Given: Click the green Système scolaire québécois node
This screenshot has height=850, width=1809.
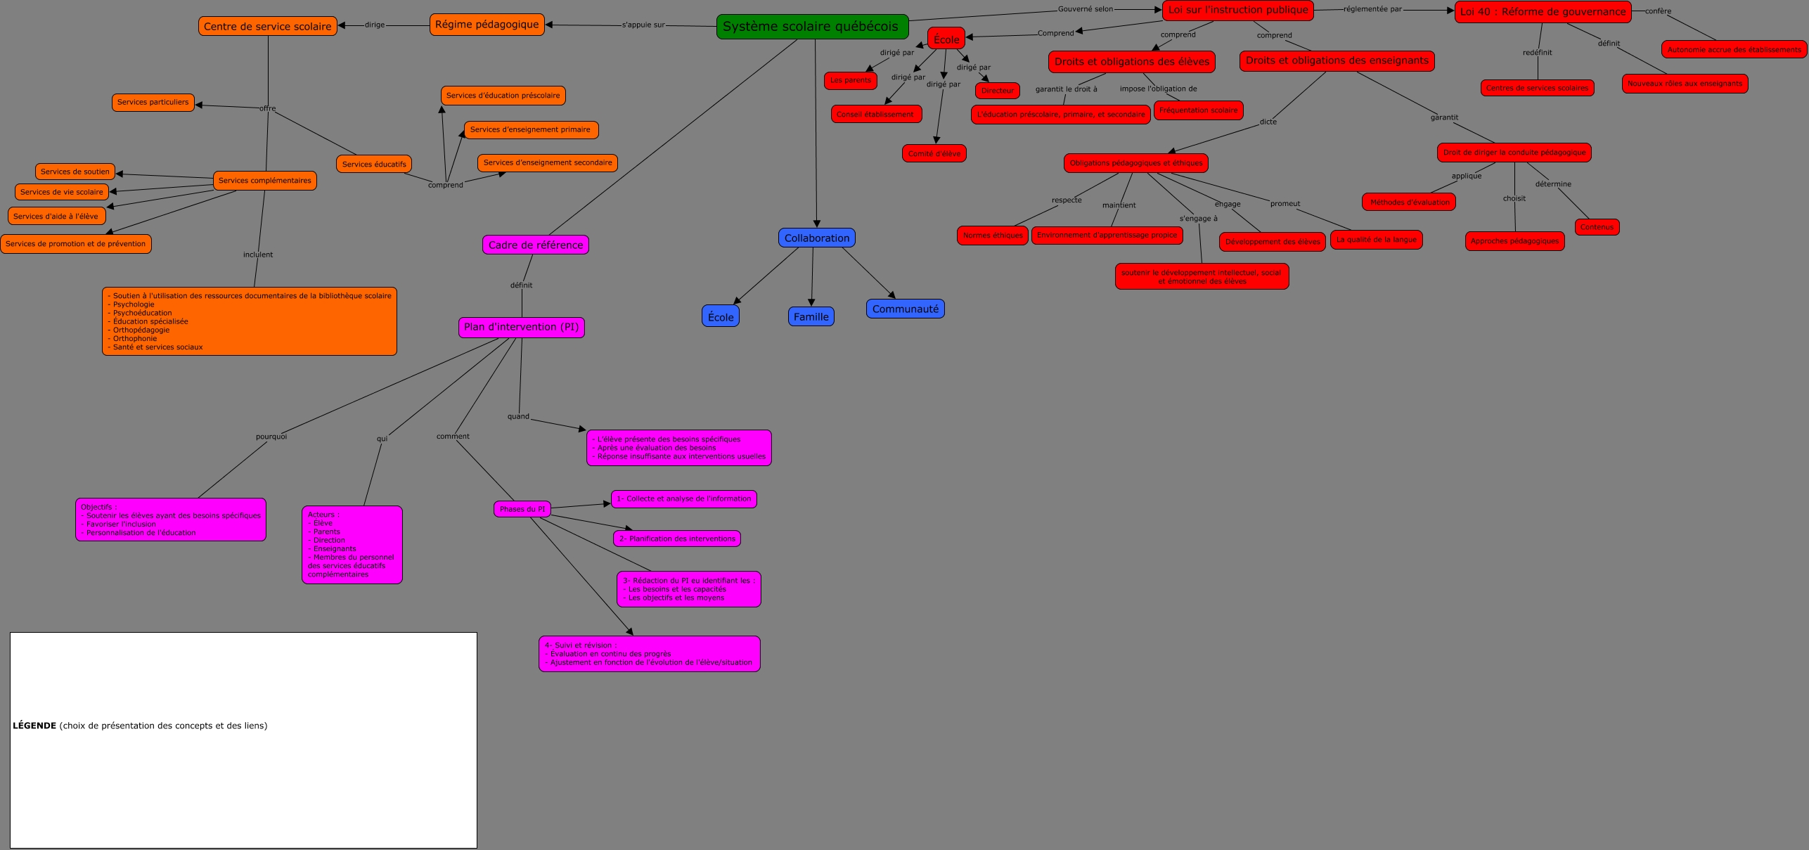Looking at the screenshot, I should pyautogui.click(x=812, y=27).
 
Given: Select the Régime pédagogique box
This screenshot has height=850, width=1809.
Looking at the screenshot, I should pyautogui.click(x=487, y=25).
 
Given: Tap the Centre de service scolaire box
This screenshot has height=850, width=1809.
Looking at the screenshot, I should pyautogui.click(x=267, y=27).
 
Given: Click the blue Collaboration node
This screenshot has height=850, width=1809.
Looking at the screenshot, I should pyautogui.click(x=816, y=238).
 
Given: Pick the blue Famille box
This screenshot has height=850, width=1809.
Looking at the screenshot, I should pyautogui.click(x=811, y=317).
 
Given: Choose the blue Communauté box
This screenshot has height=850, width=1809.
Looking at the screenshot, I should pyautogui.click(x=905, y=309).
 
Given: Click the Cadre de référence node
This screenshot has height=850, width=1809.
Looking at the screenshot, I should pyautogui.click(x=535, y=245).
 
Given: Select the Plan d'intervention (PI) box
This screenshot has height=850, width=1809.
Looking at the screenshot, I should pyautogui.click(x=521, y=327).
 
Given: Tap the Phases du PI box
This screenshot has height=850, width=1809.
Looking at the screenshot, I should pyautogui.click(x=522, y=509).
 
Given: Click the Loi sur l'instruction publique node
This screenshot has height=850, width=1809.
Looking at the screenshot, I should pyautogui.click(x=1237, y=11).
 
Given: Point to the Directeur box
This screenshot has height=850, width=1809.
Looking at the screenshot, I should pyautogui.click(x=997, y=91).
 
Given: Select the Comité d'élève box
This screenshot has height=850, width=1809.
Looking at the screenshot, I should pyautogui.click(x=934, y=154).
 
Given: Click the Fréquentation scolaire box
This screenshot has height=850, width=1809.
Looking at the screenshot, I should pyautogui.click(x=1198, y=110).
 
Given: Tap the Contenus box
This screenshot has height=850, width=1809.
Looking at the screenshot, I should pyautogui.click(x=1597, y=227).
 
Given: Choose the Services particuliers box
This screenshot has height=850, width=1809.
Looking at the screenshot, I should pyautogui.click(x=153, y=103).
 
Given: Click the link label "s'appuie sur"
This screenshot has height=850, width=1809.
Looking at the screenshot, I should pyautogui.click(x=643, y=25).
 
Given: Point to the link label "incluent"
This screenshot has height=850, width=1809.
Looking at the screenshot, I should pyautogui.click(x=258, y=255).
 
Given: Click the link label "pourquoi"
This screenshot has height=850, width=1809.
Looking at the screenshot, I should pyautogui.click(x=271, y=437).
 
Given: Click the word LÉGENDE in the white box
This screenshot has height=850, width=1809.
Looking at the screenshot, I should pyautogui.click(x=34, y=726).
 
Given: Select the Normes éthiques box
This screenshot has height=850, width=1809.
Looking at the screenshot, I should pyautogui.click(x=992, y=236).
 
